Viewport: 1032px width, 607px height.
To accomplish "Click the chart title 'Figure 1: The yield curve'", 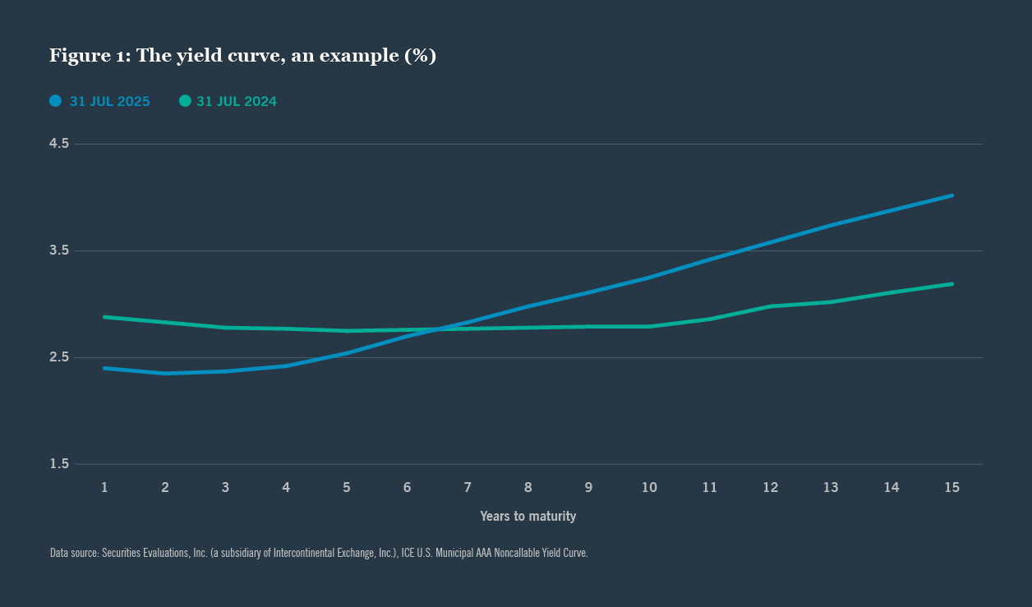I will coord(242,56).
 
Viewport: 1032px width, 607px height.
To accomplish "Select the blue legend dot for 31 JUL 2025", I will coord(56,101).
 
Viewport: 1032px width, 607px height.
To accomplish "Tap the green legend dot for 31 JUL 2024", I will coord(185,101).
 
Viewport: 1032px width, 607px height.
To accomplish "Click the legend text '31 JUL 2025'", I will coord(109,102).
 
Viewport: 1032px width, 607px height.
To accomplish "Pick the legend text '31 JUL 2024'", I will coord(237,102).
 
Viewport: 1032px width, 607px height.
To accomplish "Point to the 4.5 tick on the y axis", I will coord(59,144).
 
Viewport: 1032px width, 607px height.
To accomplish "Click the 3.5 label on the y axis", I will coord(59,251).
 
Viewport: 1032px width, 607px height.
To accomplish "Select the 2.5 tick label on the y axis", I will coord(59,357).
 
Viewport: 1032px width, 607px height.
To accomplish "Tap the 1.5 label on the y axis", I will coord(59,464).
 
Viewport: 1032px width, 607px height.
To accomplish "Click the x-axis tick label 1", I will coord(104,487).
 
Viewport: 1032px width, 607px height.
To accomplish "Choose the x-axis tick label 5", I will coord(347,487).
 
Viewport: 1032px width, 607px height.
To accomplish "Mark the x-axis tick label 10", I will coord(649,487).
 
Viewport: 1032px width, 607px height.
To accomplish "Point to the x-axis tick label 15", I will coord(951,487).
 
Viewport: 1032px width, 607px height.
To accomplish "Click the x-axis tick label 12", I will coord(770,487).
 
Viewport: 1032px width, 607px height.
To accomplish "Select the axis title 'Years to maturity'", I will coord(528,517).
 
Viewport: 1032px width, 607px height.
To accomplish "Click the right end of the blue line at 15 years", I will coord(951,195).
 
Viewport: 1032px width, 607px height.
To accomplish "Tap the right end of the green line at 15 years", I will coord(951,284).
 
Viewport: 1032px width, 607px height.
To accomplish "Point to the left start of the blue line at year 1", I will coord(104,368).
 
